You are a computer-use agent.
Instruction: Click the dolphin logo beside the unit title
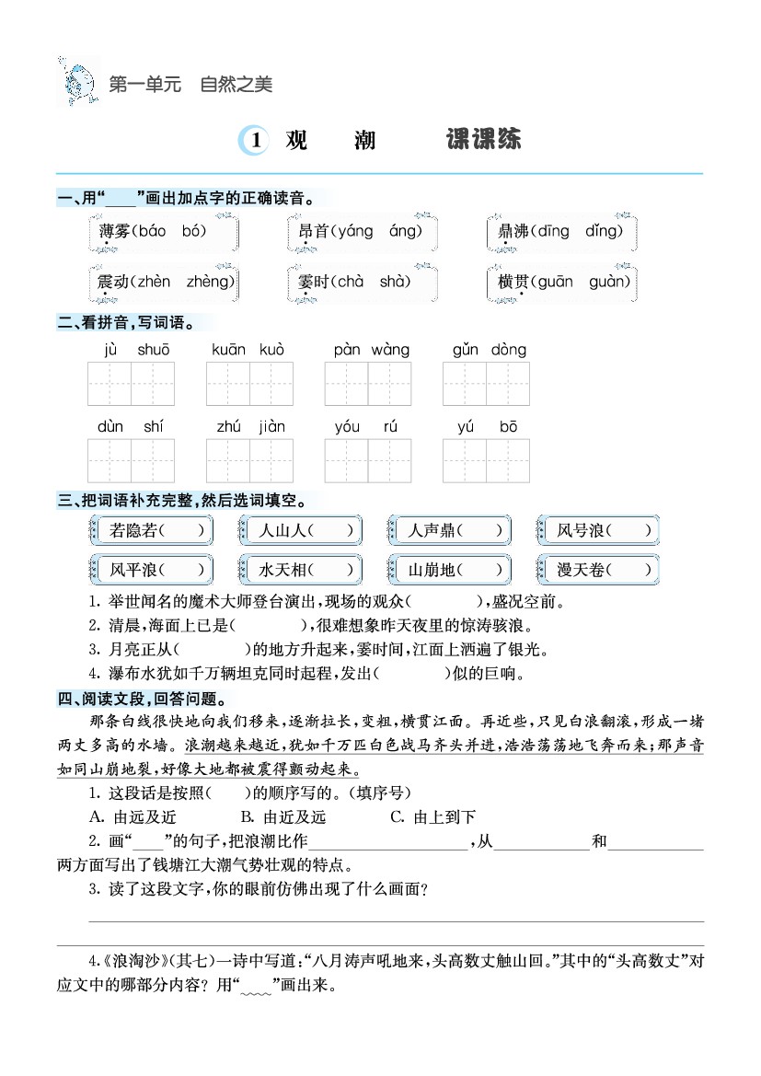click(79, 82)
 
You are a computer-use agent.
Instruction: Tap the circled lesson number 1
click(254, 140)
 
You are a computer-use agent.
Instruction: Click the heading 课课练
click(483, 139)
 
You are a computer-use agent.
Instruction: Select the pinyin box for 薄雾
click(163, 232)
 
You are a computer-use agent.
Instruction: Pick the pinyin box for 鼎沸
click(562, 232)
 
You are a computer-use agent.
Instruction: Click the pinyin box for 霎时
click(362, 283)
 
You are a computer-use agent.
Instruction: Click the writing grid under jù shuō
click(131, 384)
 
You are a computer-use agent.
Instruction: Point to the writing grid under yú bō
click(486, 460)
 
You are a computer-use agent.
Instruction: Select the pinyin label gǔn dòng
click(489, 350)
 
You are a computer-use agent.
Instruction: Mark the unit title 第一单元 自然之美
click(190, 85)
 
